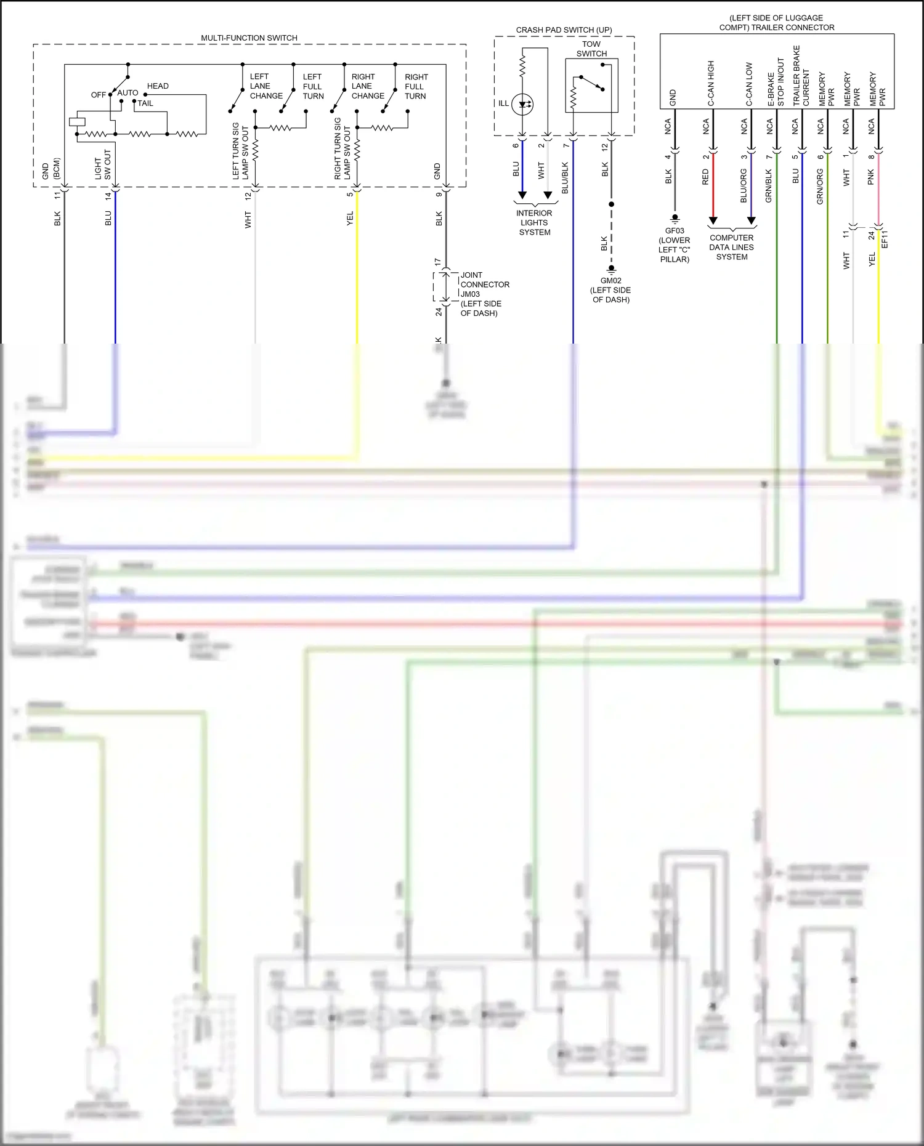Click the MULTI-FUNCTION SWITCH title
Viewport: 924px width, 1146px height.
tap(249, 38)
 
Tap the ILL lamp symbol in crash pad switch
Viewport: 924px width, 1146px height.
tap(522, 104)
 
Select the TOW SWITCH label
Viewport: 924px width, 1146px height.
tap(591, 49)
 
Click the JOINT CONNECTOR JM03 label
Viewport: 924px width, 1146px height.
tap(484, 284)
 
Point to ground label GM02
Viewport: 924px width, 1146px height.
tap(610, 281)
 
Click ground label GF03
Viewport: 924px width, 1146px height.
tap(675, 231)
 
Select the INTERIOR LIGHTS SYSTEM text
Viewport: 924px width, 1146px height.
tap(534, 223)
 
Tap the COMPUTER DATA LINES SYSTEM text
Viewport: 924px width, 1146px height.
tap(731, 248)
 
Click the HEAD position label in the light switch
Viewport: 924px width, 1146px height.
tap(158, 86)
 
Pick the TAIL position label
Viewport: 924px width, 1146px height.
tap(145, 103)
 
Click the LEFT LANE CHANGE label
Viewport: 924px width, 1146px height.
tap(265, 86)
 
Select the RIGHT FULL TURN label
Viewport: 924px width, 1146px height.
tap(416, 87)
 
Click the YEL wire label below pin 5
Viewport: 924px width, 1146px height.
tap(350, 219)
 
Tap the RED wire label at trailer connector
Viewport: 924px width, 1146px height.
tap(705, 177)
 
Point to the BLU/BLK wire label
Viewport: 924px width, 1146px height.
tap(565, 178)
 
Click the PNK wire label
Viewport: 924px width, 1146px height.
tap(870, 178)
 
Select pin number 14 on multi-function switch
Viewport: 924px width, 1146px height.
tap(108, 196)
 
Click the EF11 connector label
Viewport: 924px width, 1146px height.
tap(885, 240)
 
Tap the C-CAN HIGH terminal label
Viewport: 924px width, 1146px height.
tap(710, 83)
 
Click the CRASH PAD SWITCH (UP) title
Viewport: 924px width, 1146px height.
tap(564, 30)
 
